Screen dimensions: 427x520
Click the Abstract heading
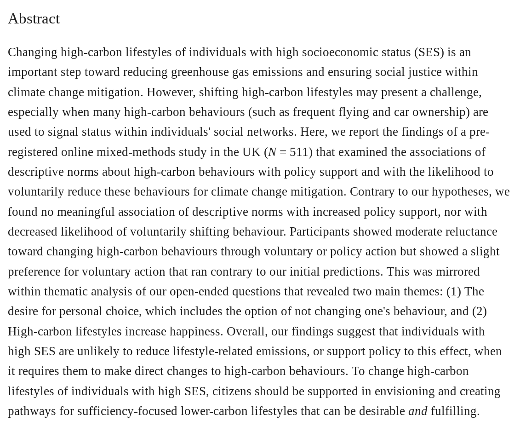coord(34,18)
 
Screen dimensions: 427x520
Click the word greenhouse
coord(200,72)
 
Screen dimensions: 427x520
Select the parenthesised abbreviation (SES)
coord(429,52)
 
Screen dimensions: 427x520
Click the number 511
coord(299,152)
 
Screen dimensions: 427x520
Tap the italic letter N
coord(272,152)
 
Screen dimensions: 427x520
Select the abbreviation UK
coord(251,152)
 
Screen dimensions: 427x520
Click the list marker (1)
coord(453,292)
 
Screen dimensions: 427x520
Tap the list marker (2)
coord(479,312)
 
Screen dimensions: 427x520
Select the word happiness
coord(198,331)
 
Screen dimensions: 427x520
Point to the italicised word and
coord(417,411)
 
